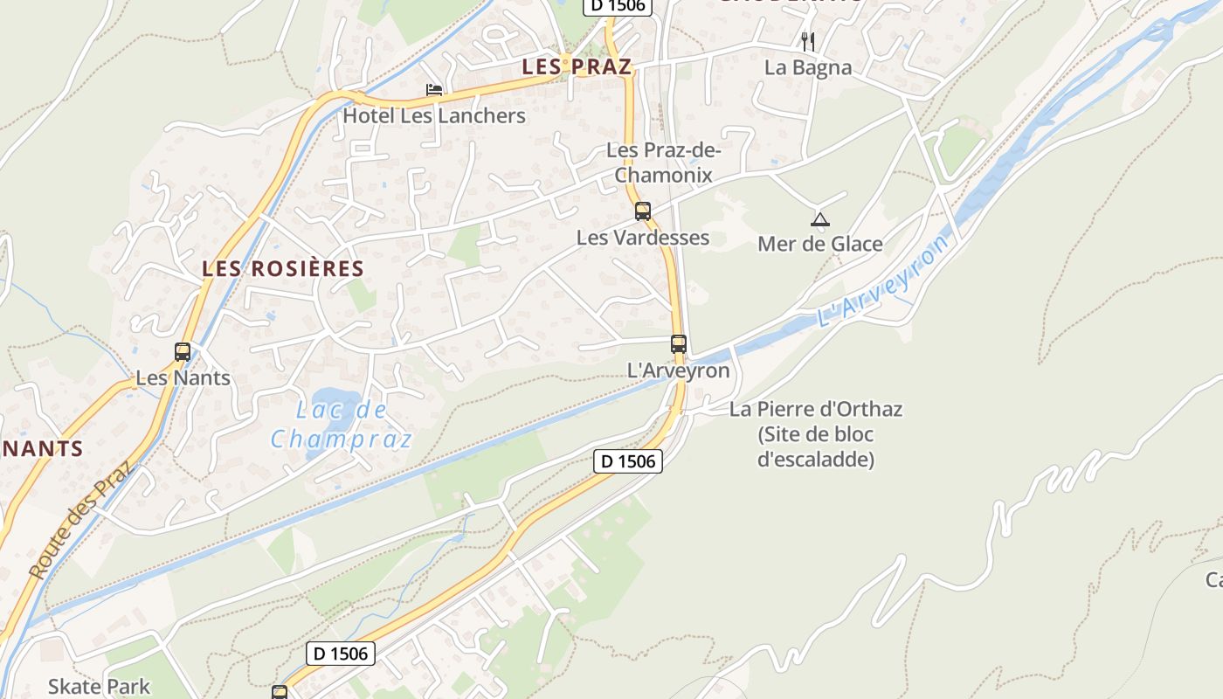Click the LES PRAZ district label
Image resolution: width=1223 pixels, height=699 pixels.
pos(577,67)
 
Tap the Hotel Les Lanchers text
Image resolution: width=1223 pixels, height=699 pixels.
pos(434,115)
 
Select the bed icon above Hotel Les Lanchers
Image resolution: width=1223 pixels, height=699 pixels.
pos(433,89)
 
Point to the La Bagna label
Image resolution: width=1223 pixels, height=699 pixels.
pos(808,67)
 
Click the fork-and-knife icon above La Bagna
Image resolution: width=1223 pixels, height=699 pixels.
pos(808,41)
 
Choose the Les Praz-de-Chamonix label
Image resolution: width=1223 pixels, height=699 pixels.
pos(664,163)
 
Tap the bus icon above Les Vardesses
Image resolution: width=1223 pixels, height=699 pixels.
pos(643,211)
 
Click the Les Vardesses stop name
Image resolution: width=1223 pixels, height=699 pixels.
pos(643,237)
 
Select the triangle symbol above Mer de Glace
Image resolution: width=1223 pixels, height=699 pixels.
pos(819,219)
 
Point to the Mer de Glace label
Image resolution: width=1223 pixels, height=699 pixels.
pos(820,244)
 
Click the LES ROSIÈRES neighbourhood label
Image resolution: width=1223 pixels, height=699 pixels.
pos(283,268)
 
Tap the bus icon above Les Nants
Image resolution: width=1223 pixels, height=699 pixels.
pos(183,352)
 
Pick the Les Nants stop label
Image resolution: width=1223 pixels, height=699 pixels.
pos(183,378)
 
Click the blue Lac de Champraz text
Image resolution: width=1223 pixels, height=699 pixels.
pos(341,424)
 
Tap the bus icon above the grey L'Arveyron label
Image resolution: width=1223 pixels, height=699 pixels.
pos(679,344)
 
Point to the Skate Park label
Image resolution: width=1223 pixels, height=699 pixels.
pos(99,687)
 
